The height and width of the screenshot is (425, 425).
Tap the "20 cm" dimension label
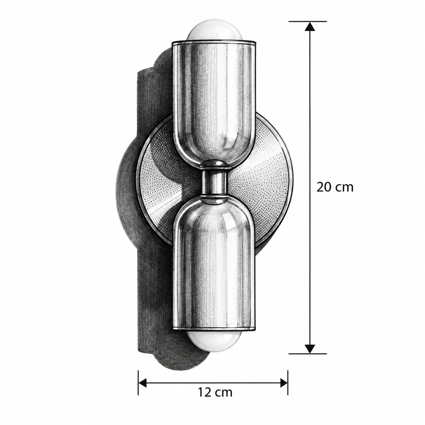click(335, 187)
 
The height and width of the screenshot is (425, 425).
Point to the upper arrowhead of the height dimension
click(310, 26)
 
